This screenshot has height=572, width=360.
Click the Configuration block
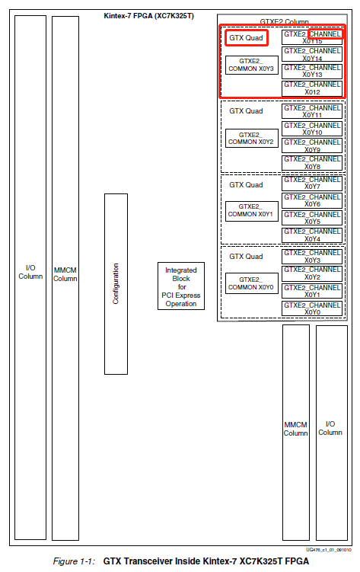pyautogui.click(x=116, y=283)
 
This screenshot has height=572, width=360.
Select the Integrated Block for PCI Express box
pyautogui.click(x=180, y=286)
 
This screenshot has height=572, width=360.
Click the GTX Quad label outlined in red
pyautogui.click(x=245, y=37)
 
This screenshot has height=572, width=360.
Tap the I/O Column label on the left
pyautogui.click(x=30, y=271)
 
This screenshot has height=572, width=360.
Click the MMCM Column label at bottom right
pyautogui.click(x=295, y=428)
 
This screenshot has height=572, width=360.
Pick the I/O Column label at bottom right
pyautogui.click(x=330, y=428)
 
